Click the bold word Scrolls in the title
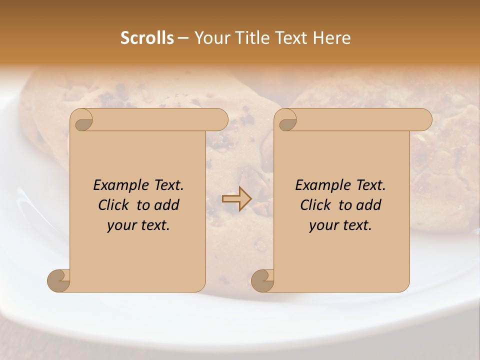click(147, 38)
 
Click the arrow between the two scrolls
click(236, 199)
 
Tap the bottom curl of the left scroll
click(59, 280)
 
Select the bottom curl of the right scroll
click(263, 280)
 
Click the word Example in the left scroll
click(116, 185)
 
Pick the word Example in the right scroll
click(318, 185)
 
